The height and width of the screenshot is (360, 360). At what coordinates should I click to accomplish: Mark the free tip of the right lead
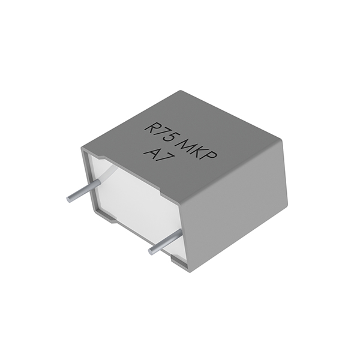151,250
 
